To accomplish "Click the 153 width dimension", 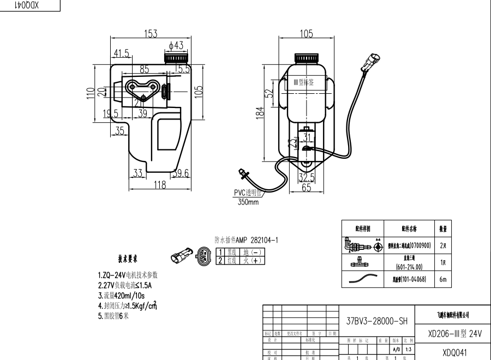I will [151, 34].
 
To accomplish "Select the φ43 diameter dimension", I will [176, 45].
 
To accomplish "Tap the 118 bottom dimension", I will [159, 185].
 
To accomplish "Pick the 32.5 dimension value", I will [307, 178].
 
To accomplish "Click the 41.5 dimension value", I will [122, 53].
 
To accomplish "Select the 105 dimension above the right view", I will [307, 34].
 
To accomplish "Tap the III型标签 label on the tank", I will [304, 82].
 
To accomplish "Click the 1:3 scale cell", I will [408, 348].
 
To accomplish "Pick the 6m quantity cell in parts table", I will [442, 280].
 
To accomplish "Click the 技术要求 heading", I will [128, 259].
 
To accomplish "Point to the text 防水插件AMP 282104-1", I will [246, 240].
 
